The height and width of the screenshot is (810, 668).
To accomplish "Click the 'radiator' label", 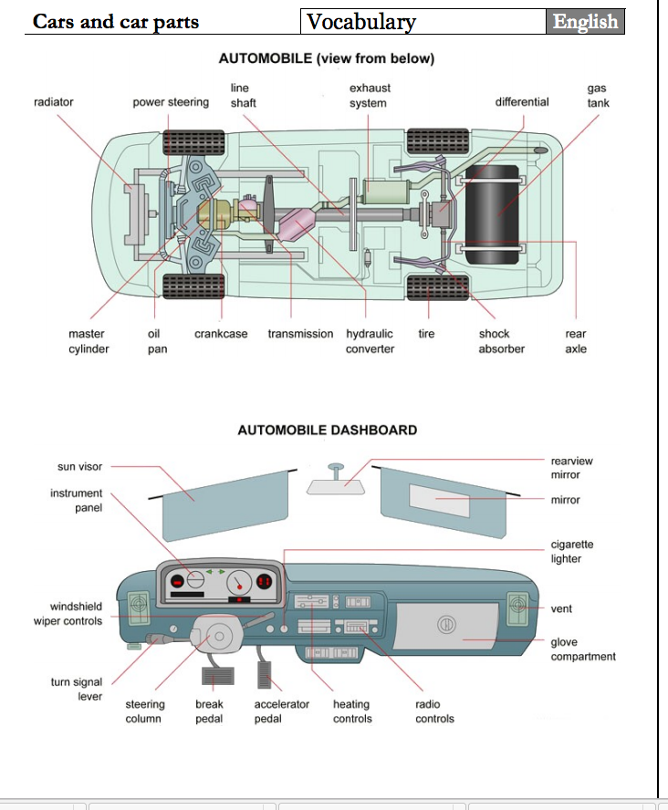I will tap(53, 102).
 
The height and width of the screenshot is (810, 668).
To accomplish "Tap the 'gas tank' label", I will tap(598, 96).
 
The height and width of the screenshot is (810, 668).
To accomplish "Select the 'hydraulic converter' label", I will tap(370, 341).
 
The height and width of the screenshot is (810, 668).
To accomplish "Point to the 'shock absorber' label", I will tap(501, 341).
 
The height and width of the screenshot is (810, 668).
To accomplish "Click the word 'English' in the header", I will tap(585, 22).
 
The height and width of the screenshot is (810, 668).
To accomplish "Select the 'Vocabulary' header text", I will tap(360, 22).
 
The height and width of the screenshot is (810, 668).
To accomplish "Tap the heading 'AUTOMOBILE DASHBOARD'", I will tap(327, 430).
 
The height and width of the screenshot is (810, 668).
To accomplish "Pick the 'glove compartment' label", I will tap(582, 649).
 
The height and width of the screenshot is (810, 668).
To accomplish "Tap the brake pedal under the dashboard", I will tap(216, 676).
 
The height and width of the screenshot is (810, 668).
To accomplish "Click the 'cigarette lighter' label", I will tap(571, 552).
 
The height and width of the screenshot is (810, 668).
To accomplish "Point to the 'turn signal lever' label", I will tap(76, 689).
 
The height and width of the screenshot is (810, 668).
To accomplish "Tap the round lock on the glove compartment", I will tap(447, 624).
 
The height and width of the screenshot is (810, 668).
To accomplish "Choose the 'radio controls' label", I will tap(434, 711).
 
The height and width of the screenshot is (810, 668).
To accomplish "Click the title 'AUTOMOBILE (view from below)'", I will tap(327, 58).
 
